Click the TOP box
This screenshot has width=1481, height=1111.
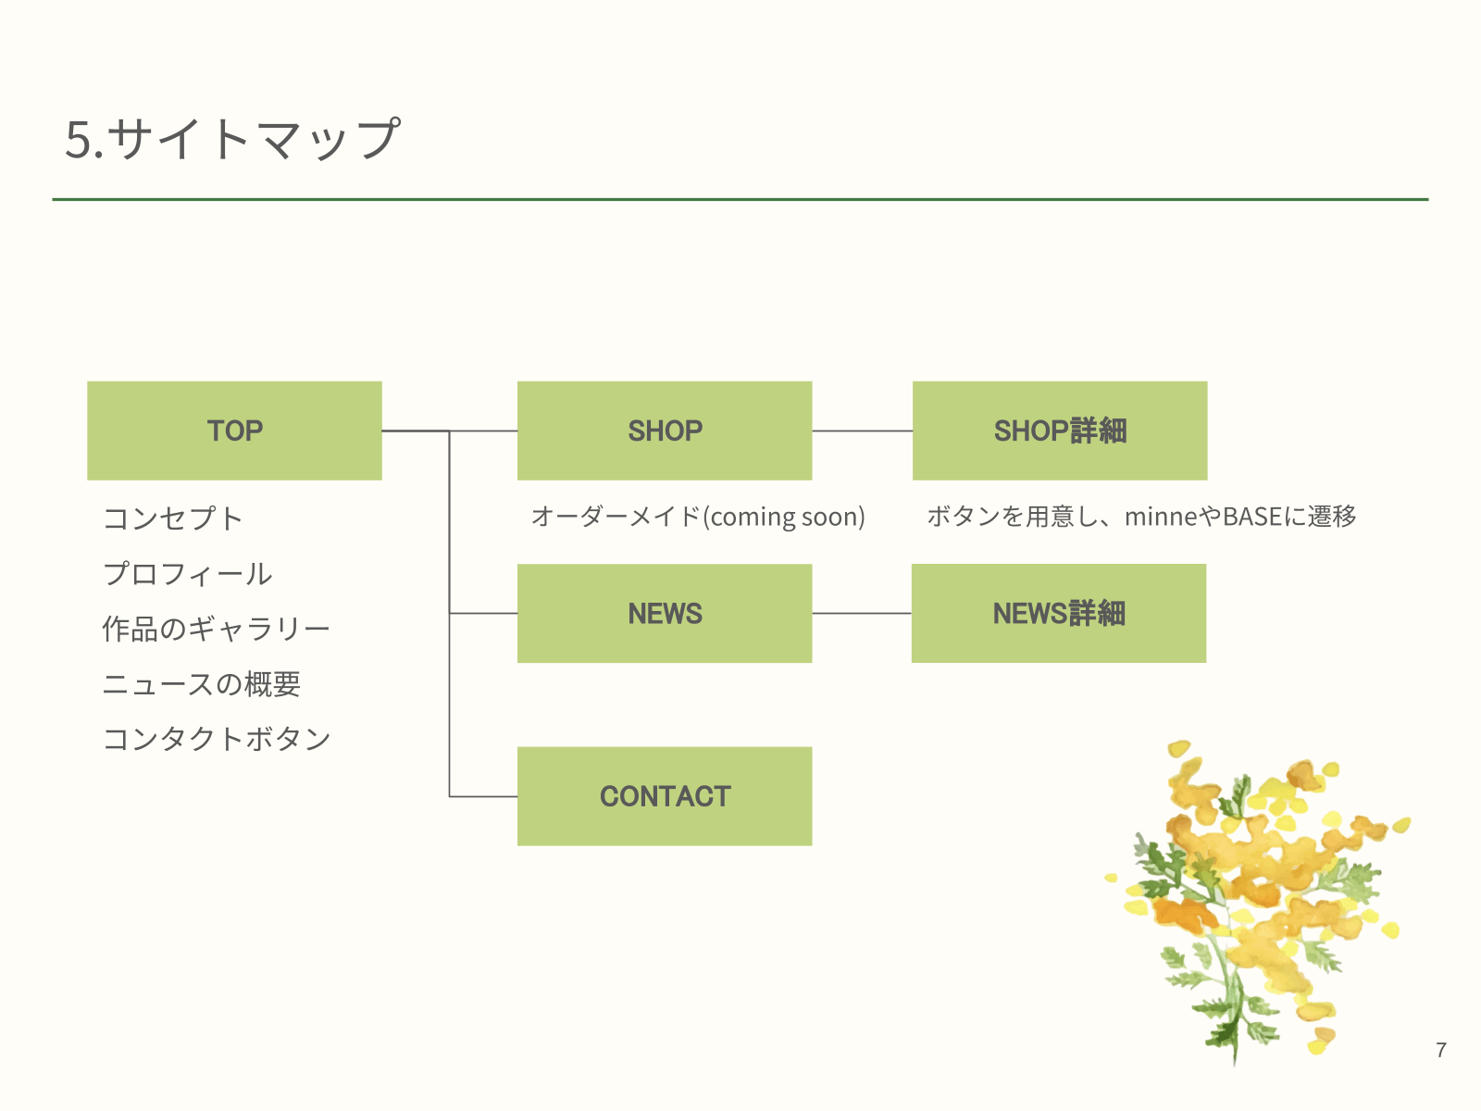(x=234, y=431)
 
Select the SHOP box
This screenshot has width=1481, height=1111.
(x=665, y=431)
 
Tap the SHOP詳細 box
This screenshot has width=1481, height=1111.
(x=1060, y=431)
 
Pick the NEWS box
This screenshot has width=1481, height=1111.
(x=665, y=613)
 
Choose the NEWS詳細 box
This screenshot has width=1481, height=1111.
(x=1059, y=613)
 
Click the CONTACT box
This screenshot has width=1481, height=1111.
(x=665, y=796)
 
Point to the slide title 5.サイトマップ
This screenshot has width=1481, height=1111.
(x=232, y=139)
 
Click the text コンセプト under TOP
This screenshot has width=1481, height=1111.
(x=173, y=518)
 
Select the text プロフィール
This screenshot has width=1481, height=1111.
(x=188, y=574)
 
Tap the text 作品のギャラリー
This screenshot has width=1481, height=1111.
(x=216, y=630)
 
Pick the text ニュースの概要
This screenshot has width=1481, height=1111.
(x=202, y=684)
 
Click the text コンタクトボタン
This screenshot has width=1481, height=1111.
(x=217, y=739)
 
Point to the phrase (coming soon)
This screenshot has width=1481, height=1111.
(x=784, y=517)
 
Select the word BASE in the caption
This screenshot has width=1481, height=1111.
(x=1252, y=517)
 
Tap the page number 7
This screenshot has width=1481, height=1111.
(x=1441, y=1050)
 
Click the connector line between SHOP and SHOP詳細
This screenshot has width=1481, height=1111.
(x=862, y=431)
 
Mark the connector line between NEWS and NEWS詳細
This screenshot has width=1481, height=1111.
(x=862, y=613)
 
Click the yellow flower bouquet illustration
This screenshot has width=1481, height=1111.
(x=1259, y=898)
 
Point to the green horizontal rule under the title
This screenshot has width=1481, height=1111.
(x=740, y=199)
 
